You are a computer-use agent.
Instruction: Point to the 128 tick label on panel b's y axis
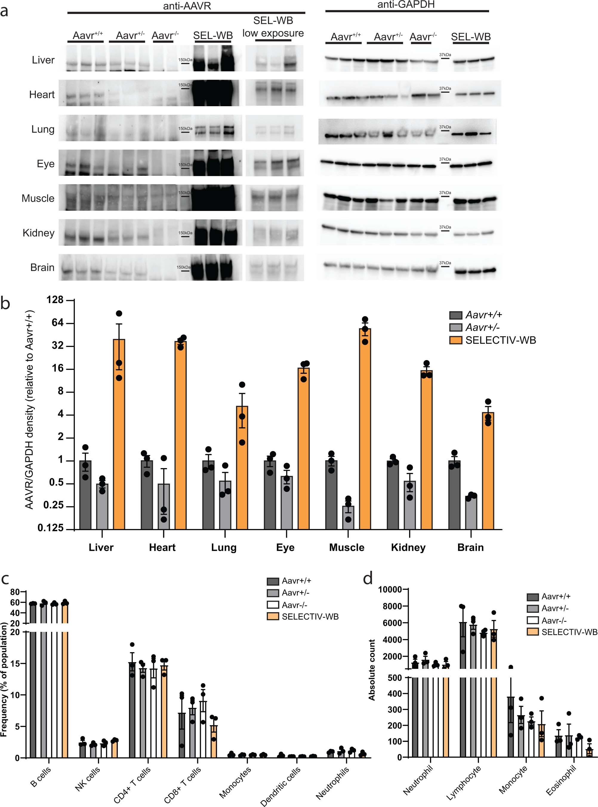(x=55, y=300)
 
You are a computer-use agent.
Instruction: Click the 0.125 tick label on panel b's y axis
(x=51, y=528)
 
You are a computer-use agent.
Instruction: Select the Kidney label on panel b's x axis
(x=408, y=547)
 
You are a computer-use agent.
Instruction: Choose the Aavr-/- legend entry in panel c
(x=294, y=605)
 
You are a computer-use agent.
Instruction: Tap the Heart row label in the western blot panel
(x=42, y=95)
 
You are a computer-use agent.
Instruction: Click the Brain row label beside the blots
(x=42, y=267)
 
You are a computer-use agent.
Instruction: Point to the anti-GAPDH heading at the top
(x=406, y=5)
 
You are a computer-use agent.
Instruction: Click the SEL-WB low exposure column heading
(x=273, y=27)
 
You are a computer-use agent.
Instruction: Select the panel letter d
(x=368, y=579)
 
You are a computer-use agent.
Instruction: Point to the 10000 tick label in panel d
(x=390, y=590)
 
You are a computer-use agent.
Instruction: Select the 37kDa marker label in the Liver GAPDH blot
(x=445, y=55)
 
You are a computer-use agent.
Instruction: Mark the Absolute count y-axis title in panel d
(x=372, y=669)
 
